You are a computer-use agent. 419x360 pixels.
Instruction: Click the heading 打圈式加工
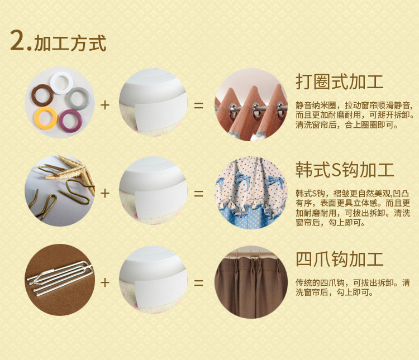339,81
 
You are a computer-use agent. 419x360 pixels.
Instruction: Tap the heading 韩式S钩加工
345,170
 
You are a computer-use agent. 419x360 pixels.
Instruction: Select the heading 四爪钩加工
339,259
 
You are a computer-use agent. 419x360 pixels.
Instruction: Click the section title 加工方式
70,43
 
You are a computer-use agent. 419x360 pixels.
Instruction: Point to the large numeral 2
18,40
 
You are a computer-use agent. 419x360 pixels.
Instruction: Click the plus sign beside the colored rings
105,105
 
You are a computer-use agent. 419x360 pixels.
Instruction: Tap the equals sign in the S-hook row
198,194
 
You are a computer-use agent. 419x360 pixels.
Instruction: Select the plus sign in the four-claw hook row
105,282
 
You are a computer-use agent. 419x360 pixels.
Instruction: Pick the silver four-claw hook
60,278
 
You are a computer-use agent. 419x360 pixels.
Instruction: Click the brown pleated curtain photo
251,282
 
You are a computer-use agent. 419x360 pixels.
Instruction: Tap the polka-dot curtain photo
251,193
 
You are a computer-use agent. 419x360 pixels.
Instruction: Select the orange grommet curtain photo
251,105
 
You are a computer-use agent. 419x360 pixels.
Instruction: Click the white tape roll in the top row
153,102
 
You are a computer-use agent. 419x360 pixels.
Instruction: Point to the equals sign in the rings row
198,105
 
